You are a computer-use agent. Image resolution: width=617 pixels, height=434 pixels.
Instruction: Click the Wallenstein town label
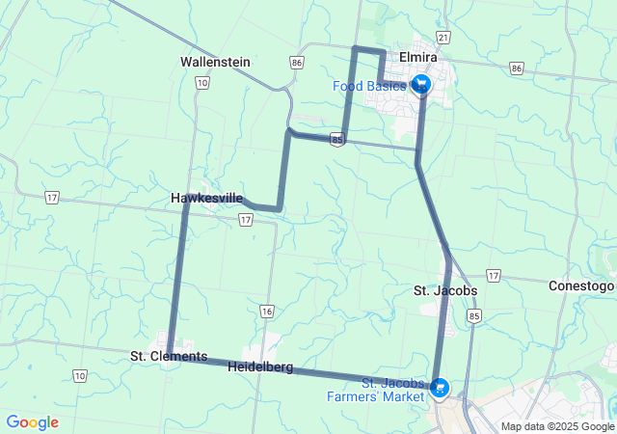pyautogui.click(x=215, y=62)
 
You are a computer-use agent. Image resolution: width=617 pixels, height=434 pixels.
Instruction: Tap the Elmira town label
pyautogui.click(x=419, y=58)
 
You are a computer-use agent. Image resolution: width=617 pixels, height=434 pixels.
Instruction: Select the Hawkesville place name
pyautogui.click(x=206, y=198)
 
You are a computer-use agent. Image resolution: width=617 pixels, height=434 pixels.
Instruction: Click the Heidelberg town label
pyautogui.click(x=260, y=366)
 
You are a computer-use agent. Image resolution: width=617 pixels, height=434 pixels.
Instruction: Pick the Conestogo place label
pyautogui.click(x=581, y=286)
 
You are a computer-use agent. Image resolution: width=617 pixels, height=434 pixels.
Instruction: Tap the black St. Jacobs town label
pyautogui.click(x=444, y=290)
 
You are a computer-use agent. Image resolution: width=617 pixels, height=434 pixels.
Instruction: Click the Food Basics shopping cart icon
pyautogui.click(x=420, y=85)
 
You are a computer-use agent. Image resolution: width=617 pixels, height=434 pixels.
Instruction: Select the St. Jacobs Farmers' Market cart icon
pyautogui.click(x=440, y=388)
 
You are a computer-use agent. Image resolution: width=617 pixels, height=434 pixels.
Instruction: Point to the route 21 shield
pyautogui.click(x=443, y=37)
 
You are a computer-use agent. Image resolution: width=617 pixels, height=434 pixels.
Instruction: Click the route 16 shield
pyautogui.click(x=266, y=311)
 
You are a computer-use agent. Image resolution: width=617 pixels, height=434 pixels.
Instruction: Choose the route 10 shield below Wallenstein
pyautogui.click(x=201, y=83)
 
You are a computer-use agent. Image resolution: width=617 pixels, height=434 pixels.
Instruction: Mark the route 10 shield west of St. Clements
pyautogui.click(x=79, y=375)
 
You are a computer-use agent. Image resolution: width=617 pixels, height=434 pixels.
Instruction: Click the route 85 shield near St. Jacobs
pyautogui.click(x=472, y=315)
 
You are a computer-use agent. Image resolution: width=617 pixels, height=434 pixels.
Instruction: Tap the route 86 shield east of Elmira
pyautogui.click(x=517, y=68)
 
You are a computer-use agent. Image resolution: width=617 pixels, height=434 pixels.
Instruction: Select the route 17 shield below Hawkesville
pyautogui.click(x=247, y=220)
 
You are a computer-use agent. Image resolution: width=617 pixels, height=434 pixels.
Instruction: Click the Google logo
pyautogui.click(x=32, y=422)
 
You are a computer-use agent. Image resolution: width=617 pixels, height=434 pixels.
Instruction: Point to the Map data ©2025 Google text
pyautogui.click(x=557, y=426)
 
